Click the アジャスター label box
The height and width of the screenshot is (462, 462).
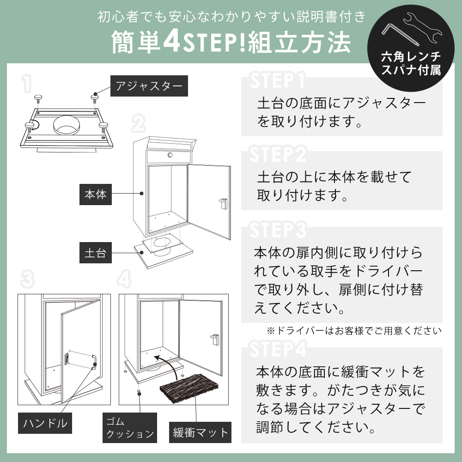pos(149,85)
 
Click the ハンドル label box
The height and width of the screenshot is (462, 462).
pos(45,422)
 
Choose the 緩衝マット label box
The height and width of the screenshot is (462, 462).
pos(200,432)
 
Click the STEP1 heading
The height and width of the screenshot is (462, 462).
pos(277,80)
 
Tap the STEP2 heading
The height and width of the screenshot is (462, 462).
pos(278,155)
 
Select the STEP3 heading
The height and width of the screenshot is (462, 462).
pos(278,230)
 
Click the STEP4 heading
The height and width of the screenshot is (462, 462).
pos(278,350)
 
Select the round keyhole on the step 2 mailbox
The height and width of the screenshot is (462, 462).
pos(170,156)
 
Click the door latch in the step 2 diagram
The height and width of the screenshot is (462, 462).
pos(223,202)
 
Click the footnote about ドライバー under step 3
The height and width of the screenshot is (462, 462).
pos(354,330)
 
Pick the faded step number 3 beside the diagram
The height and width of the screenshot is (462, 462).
pos(28,279)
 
